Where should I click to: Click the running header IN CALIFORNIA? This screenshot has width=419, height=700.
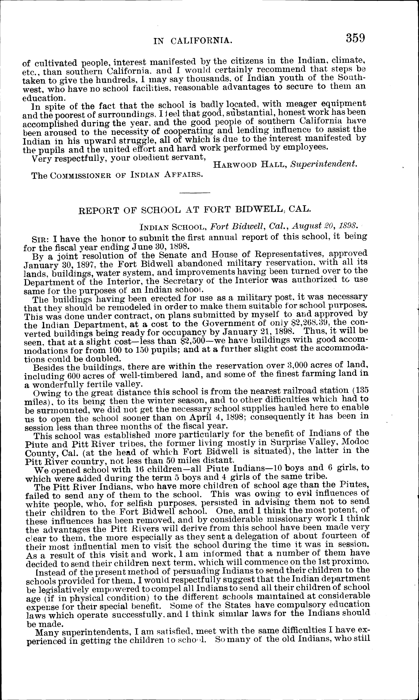pyautogui.click(x=193, y=41)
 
